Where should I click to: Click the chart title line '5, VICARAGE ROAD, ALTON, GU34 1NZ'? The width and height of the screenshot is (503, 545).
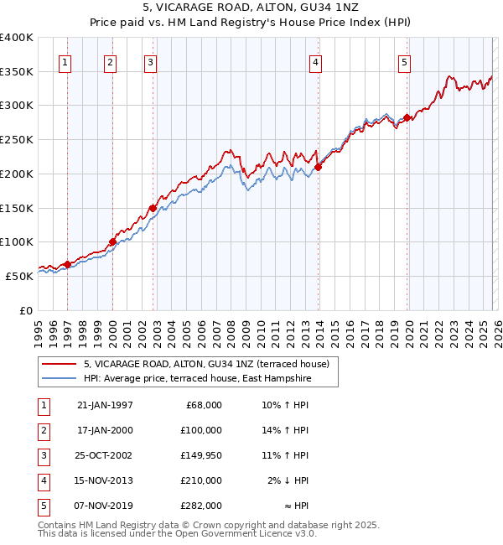pos(251,9)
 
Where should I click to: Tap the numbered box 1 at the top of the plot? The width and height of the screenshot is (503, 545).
pos(65,61)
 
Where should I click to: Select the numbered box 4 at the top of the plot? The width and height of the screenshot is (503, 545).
pos(315,61)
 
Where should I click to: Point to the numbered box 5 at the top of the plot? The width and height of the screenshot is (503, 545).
pos(404,61)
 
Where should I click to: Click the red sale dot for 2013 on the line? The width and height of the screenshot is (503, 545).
pos(319,167)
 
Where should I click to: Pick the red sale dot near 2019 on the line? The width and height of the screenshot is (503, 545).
pos(407,118)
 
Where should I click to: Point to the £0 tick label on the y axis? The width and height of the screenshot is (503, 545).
pos(25,310)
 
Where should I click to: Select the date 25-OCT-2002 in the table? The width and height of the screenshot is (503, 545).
pos(105,455)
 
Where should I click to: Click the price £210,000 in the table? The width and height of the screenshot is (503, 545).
pos(202,480)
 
